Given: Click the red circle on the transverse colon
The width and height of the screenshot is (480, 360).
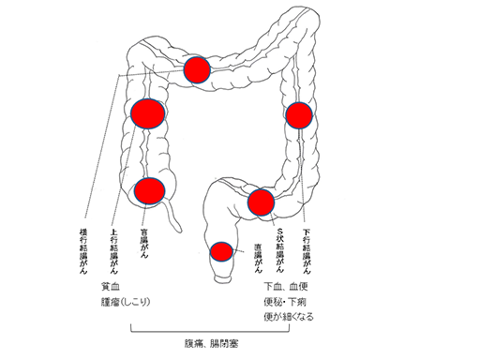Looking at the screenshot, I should [x=197, y=70].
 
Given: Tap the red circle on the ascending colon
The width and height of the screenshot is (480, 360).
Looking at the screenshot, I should [x=148, y=113].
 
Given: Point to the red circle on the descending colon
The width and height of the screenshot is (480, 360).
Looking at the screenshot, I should [x=298, y=115].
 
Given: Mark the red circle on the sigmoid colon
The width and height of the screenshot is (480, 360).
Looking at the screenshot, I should [x=261, y=202].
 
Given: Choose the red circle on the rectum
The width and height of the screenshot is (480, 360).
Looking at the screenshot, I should [x=221, y=251].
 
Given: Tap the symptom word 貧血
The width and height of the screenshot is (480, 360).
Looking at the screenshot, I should [x=110, y=285].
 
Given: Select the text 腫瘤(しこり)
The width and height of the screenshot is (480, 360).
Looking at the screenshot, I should [x=126, y=301].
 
